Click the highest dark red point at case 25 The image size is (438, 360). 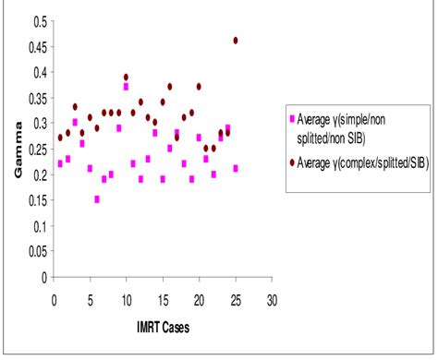(236, 41)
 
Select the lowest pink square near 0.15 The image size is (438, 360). (97, 199)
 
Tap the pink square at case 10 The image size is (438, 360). (126, 87)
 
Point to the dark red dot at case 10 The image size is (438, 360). (126, 78)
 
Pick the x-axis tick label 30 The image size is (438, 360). (271, 299)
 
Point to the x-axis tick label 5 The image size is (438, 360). (90, 299)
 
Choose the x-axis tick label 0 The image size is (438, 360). (54, 299)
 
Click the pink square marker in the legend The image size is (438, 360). (293, 119)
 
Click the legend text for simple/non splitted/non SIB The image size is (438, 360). (355, 126)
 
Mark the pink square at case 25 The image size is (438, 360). (236, 169)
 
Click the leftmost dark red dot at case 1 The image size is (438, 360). (60, 138)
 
